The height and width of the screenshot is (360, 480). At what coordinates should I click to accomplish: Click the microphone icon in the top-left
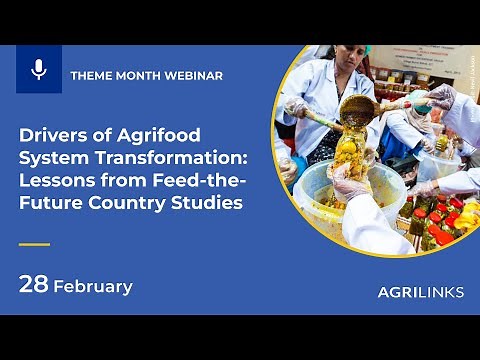pos(39,69)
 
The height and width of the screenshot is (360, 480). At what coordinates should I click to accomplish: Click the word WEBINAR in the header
pos(193,76)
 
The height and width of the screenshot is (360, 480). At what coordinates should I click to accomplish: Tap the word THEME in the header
pos(91,76)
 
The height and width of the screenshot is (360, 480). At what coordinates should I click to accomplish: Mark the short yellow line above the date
pos(35,243)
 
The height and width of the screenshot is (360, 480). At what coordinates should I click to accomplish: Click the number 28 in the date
pos(33,285)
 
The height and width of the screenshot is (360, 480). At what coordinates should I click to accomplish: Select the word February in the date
pos(92,286)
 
